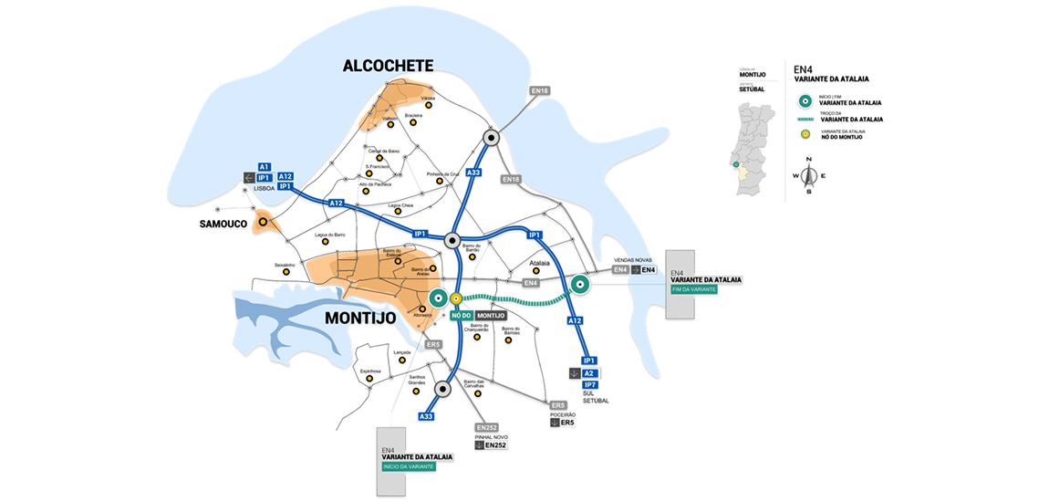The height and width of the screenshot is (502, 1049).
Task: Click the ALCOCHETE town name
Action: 388,66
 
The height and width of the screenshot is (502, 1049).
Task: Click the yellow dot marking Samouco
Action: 263,221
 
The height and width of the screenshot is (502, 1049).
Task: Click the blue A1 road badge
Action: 265,167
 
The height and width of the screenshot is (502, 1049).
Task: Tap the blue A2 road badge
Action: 589,373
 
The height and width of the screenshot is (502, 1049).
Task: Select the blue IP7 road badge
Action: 589,385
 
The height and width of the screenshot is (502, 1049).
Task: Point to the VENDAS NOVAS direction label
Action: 634,260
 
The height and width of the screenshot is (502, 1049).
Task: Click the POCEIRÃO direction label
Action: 563,414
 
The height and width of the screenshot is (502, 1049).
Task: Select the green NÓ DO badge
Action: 460,315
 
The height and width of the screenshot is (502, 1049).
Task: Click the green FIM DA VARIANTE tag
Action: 694,289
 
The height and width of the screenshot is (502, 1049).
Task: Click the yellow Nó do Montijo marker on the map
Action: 455,298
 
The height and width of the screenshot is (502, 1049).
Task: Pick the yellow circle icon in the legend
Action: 804,134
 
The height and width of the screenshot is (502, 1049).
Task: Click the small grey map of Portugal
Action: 753,146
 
